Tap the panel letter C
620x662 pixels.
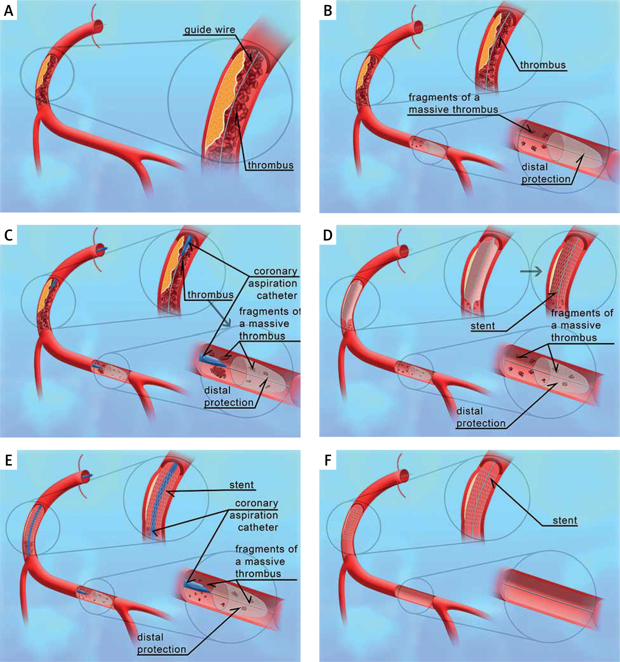[8, 235]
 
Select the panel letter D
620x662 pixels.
[328, 235]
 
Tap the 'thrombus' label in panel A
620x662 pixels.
[271, 165]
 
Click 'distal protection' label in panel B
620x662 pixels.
[546, 173]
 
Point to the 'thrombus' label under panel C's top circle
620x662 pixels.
[210, 295]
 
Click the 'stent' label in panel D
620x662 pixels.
[483, 326]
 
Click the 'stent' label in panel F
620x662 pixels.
[565, 520]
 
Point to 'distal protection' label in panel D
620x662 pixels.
[481, 417]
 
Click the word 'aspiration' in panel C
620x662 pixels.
[273, 283]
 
